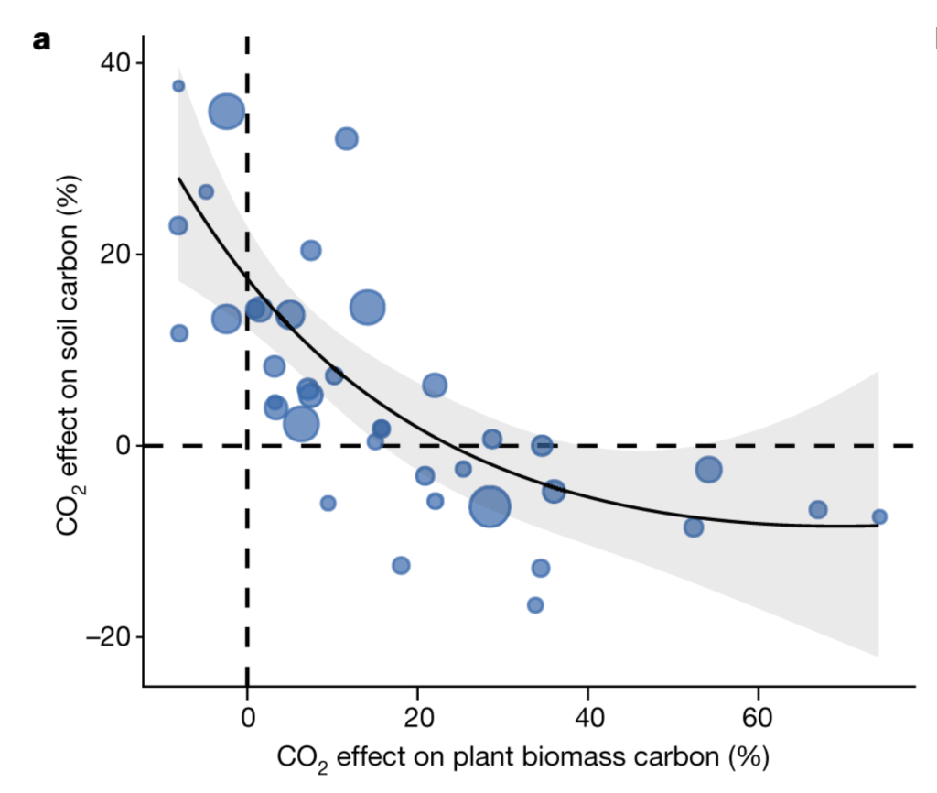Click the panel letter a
pos(40,41)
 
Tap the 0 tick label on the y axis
pos(124,446)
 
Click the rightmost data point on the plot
pos(879,516)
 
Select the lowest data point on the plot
pos(535,604)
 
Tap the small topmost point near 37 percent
pos(178,86)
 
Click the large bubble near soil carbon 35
pos(227,112)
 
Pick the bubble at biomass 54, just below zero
pos(709,470)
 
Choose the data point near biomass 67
pos(818,509)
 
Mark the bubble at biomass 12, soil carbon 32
pos(346,139)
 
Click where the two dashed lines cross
pos(247,446)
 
